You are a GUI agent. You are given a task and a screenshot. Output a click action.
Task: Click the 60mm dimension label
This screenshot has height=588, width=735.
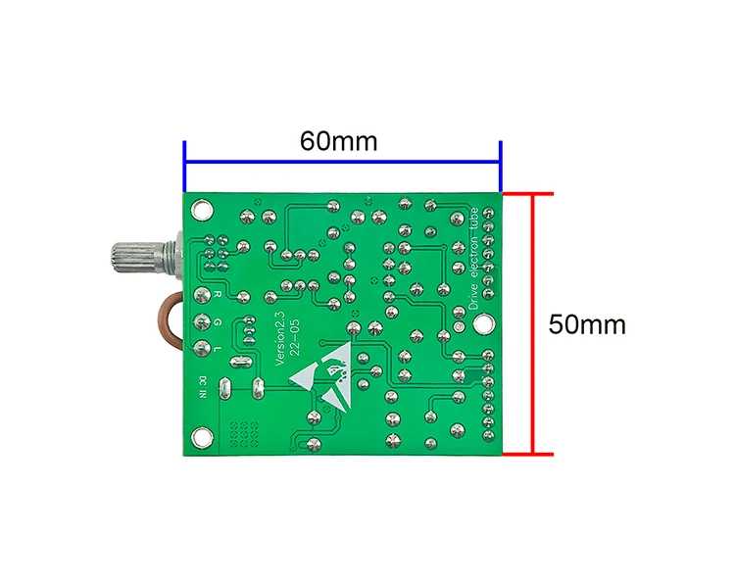pyautogui.click(x=338, y=141)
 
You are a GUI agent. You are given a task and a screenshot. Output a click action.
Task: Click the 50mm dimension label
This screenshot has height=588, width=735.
pyautogui.click(x=587, y=324)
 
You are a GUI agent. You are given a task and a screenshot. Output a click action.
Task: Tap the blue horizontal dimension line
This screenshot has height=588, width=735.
pyautogui.click(x=343, y=163)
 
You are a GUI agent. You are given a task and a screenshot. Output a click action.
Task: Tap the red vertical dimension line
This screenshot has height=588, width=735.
pyautogui.click(x=532, y=323)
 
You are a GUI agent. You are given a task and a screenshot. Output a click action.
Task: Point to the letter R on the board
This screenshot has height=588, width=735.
pyautogui.click(x=217, y=294)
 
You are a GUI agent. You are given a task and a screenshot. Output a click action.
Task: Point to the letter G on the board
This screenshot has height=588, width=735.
pyautogui.click(x=217, y=322)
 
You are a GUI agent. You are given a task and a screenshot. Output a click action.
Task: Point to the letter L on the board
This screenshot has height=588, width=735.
pyautogui.click(x=217, y=349)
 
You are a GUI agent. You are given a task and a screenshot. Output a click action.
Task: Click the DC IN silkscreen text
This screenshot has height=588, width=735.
pyautogui.click(x=203, y=387)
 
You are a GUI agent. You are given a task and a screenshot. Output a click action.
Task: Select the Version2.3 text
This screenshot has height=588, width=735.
pyautogui.click(x=280, y=337)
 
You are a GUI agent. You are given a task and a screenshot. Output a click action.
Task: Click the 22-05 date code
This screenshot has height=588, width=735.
pyautogui.click(x=295, y=337)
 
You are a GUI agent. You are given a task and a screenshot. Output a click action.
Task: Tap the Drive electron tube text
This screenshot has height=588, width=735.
pyautogui.click(x=473, y=259)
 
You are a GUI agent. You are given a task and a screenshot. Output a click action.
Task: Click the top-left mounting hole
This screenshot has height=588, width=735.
pyautogui.click(x=202, y=210)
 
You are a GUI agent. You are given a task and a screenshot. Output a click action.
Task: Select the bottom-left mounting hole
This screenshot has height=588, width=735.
pyautogui.click(x=202, y=437)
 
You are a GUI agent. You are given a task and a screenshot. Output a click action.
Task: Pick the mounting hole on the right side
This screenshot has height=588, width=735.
pyautogui.click(x=483, y=324)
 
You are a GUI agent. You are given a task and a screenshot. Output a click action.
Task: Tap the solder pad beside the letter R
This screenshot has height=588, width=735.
pyautogui.click(x=202, y=295)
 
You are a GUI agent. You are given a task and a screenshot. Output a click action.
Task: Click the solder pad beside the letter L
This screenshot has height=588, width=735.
pyautogui.click(x=202, y=349)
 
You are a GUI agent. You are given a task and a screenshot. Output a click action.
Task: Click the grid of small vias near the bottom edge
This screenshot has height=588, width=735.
pyautogui.click(x=244, y=435)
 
